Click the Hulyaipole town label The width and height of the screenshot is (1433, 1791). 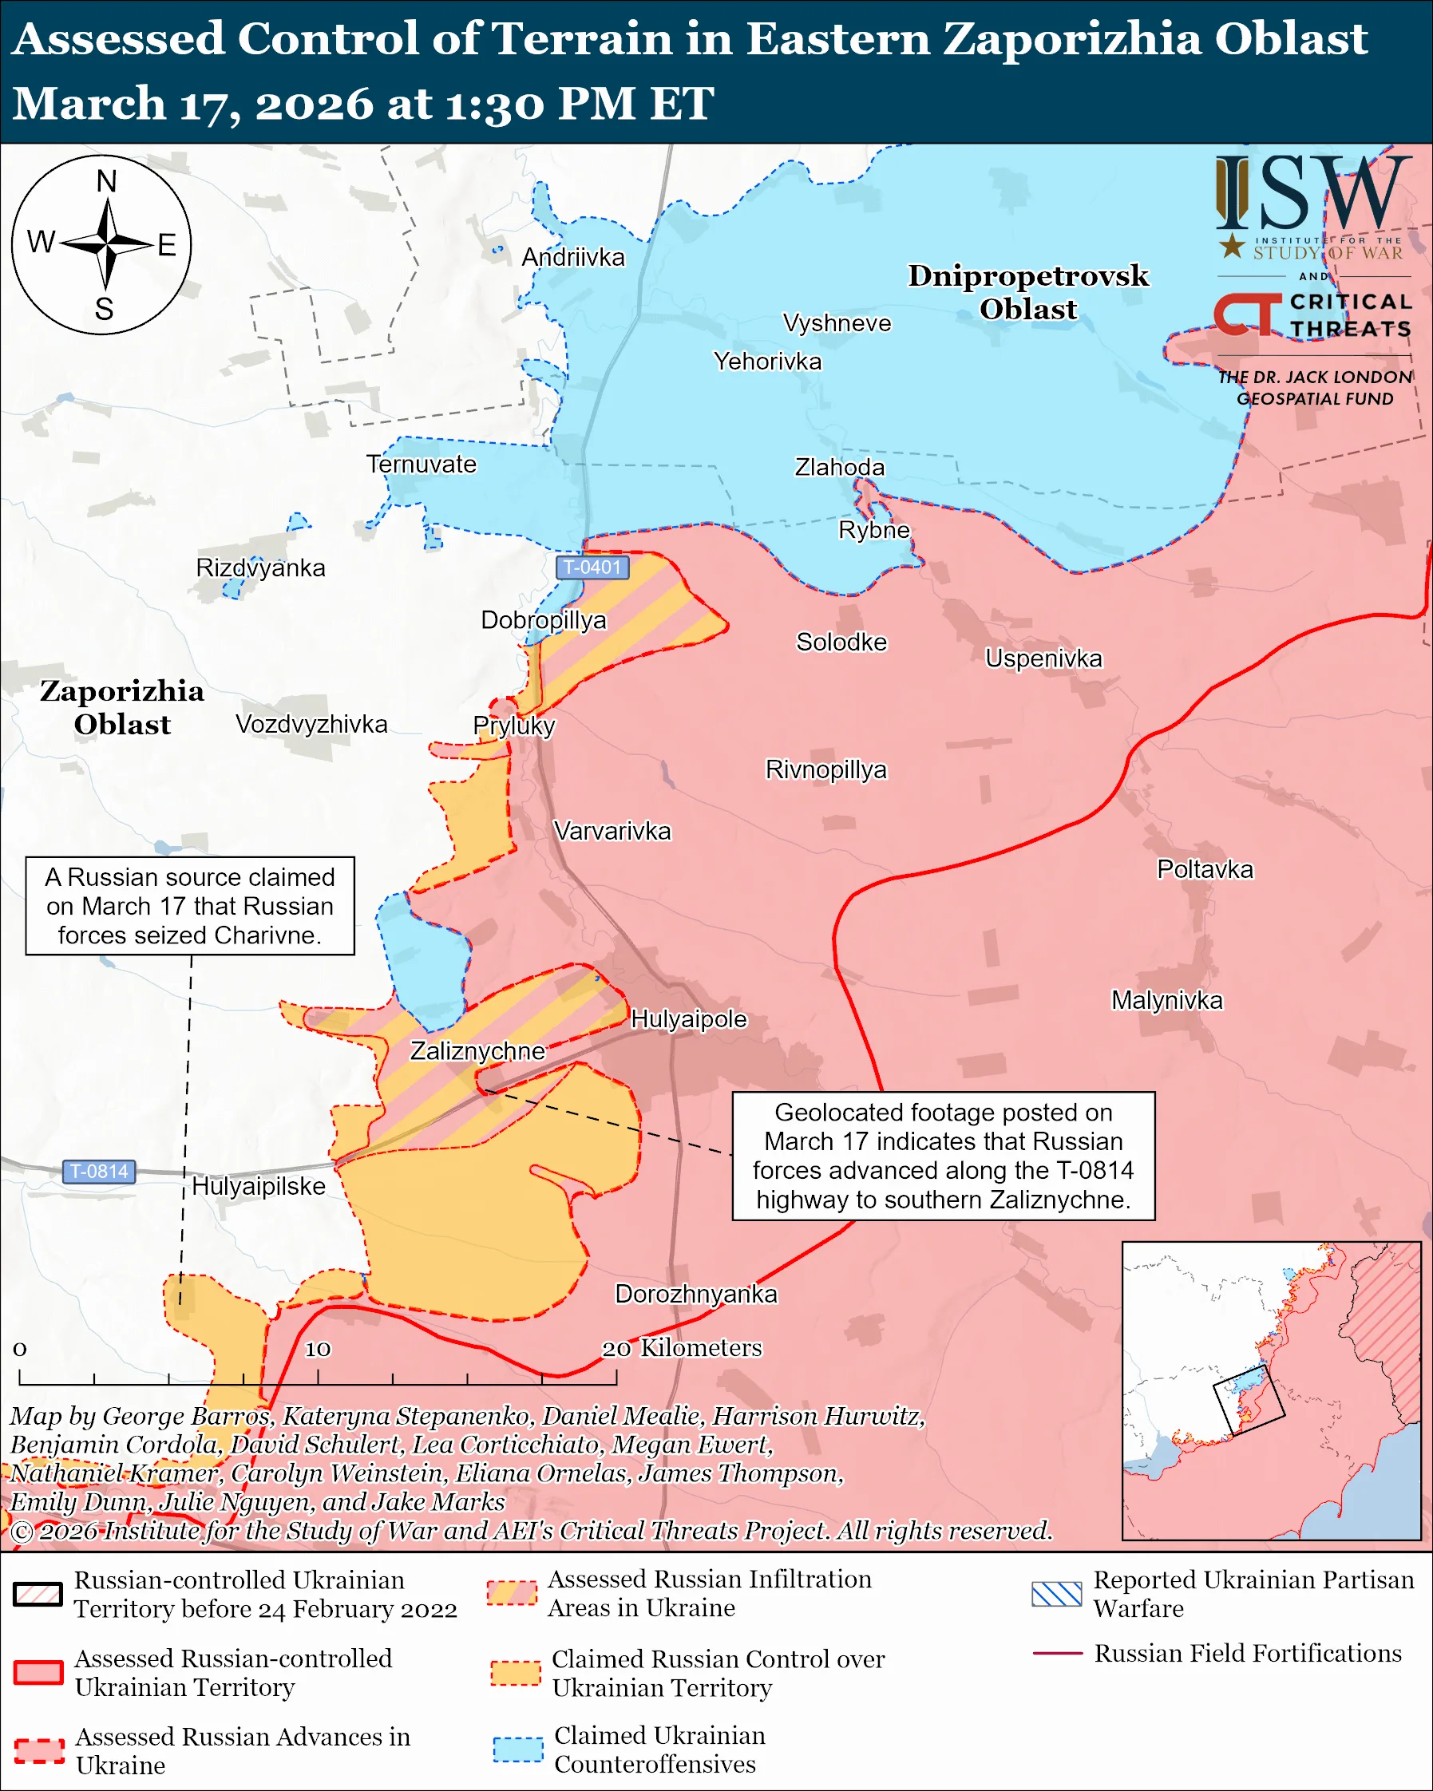pyautogui.click(x=689, y=1019)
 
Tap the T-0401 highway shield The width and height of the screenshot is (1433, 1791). pyautogui.click(x=592, y=567)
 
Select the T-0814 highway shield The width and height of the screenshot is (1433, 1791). pyautogui.click(x=99, y=1172)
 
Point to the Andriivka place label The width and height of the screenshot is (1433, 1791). pyautogui.click(x=572, y=258)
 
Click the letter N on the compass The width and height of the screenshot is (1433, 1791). pyautogui.click(x=106, y=181)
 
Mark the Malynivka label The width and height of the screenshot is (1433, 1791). pyautogui.click(x=1166, y=1000)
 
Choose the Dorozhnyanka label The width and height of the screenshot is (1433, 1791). pyautogui.click(x=695, y=1294)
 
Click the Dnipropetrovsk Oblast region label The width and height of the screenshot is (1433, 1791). pyautogui.click(x=1027, y=291)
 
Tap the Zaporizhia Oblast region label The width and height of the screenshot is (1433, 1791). pyautogui.click(x=122, y=707)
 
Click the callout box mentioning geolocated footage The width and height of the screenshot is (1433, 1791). pyautogui.click(x=943, y=1156)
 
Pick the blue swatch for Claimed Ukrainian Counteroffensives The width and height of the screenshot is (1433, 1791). pyautogui.click(x=517, y=1749)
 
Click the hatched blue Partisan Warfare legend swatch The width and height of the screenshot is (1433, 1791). pyautogui.click(x=1056, y=1593)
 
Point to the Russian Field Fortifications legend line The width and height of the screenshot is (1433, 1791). pyautogui.click(x=1057, y=1653)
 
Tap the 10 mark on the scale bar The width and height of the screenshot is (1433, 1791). pyautogui.click(x=318, y=1349)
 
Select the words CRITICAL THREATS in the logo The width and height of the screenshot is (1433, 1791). pyautogui.click(x=1350, y=314)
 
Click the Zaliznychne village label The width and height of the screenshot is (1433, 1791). pyautogui.click(x=477, y=1051)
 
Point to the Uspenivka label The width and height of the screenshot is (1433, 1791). pyautogui.click(x=1043, y=658)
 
